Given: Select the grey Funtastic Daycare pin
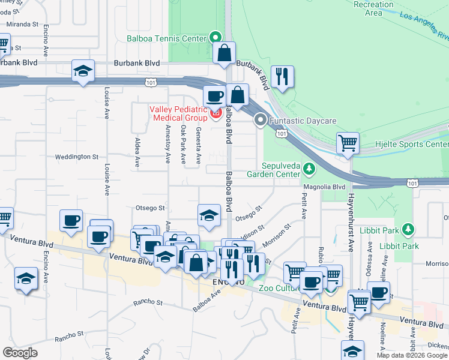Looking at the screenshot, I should coord(260,120).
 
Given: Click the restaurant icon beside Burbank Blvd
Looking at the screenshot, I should coord(281,76).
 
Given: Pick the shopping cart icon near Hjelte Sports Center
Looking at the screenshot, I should coord(347,143).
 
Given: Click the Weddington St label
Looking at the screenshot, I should coord(76,157).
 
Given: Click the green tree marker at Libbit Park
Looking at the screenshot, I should coord(408,230).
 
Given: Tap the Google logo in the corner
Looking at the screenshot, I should coord(20,353).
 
